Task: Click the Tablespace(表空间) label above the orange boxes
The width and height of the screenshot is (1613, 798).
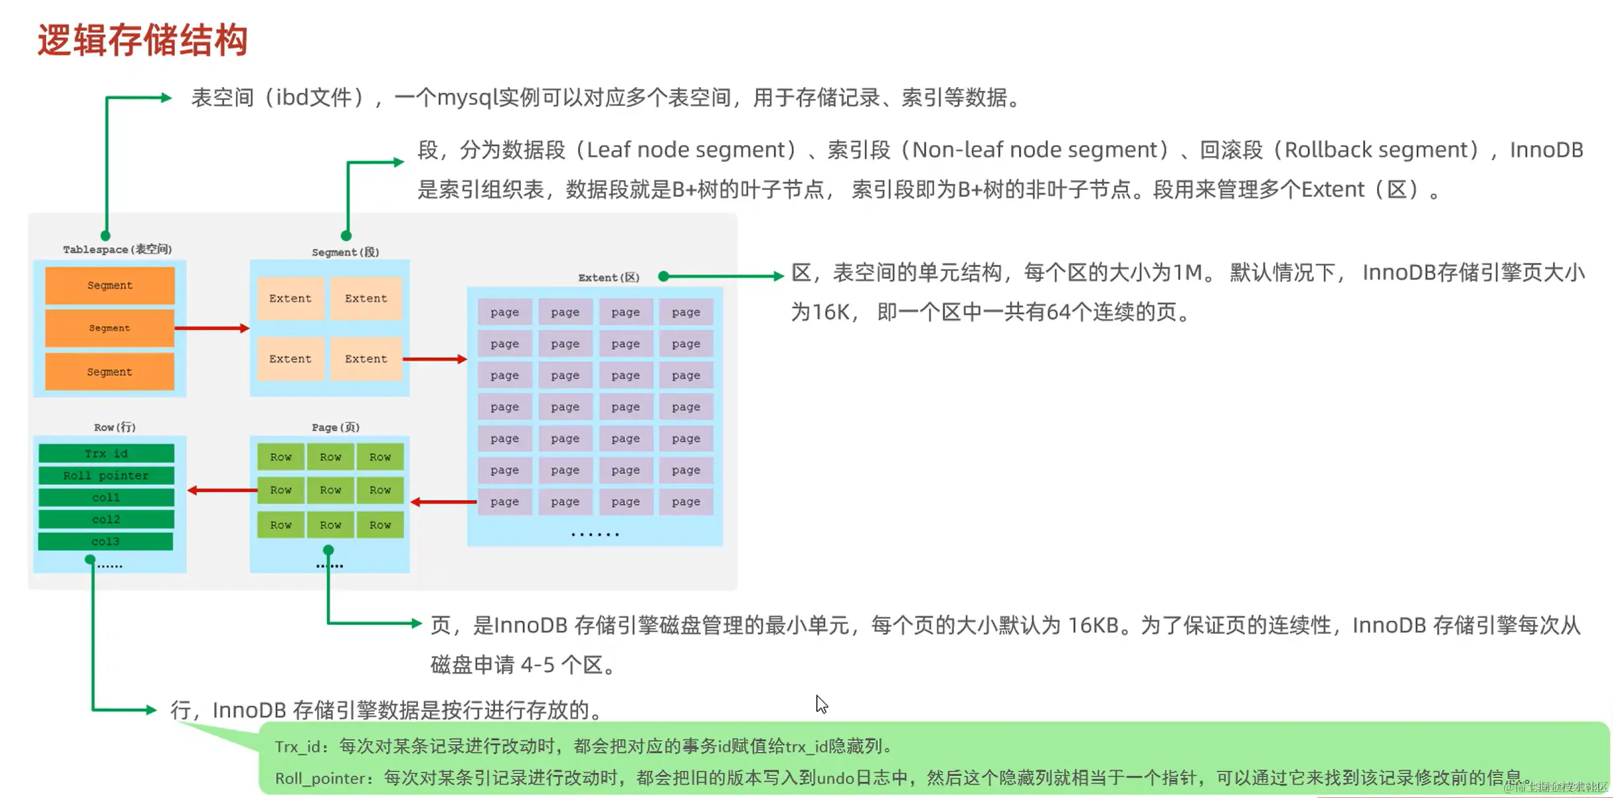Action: pos(117,249)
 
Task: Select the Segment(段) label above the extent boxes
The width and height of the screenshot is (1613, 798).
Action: pos(345,252)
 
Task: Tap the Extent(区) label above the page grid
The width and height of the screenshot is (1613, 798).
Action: pos(608,277)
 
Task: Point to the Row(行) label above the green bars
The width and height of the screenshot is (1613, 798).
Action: pos(115,427)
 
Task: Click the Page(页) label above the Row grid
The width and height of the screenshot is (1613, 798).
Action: pos(336,427)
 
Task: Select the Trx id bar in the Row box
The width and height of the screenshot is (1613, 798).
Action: pos(106,453)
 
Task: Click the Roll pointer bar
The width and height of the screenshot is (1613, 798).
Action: pos(106,475)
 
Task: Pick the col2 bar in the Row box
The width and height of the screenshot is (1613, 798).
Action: pos(106,519)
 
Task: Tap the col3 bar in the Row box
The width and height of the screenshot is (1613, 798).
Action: pos(106,541)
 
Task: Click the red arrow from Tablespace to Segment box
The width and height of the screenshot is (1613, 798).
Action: pos(212,328)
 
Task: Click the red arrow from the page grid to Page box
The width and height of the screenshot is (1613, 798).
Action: pos(443,502)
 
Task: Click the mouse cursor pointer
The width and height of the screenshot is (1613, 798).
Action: pos(821,703)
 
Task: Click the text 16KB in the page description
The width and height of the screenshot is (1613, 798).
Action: pos(1092,625)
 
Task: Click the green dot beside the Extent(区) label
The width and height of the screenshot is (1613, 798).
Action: pos(664,277)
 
